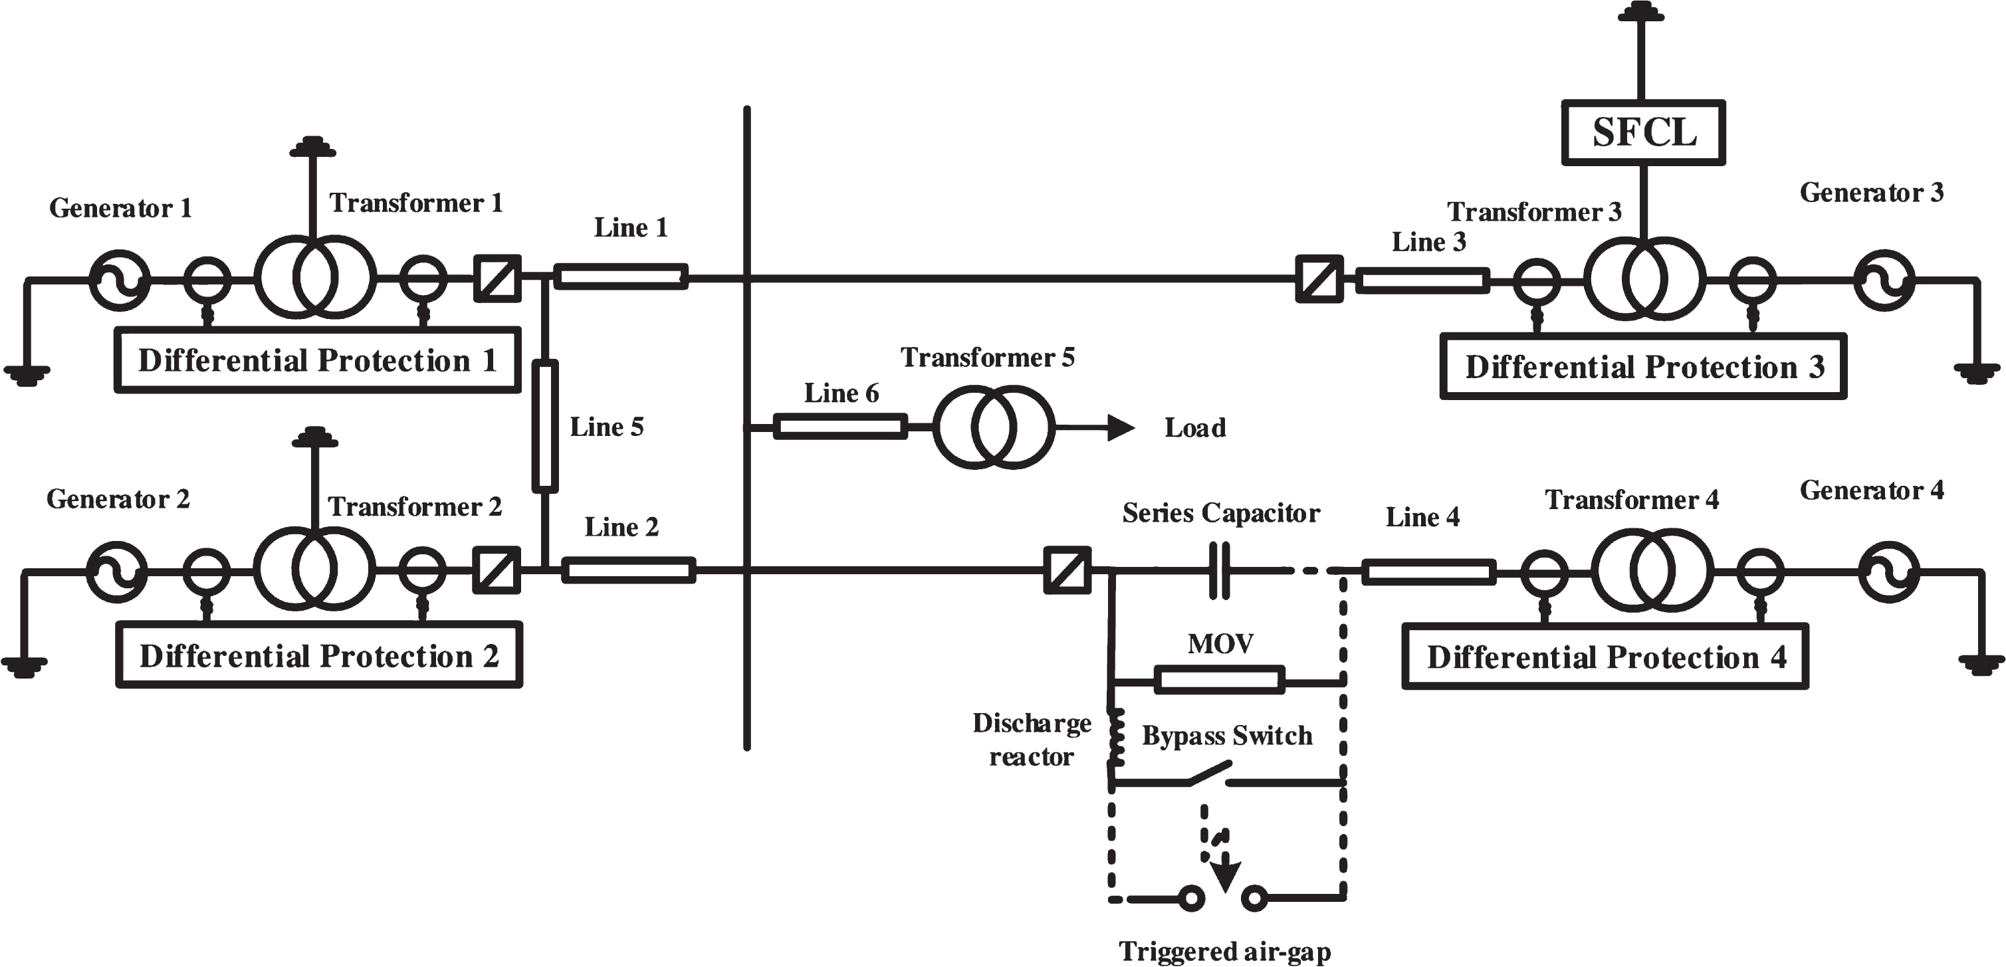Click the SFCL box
1643,132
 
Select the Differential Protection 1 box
318,360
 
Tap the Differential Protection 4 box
1605,657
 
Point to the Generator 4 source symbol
1889,572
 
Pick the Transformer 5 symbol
994,427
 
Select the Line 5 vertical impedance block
545,427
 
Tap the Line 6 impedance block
840,427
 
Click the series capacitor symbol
1220,571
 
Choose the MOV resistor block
1220,680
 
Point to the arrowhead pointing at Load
1121,427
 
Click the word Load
1194,427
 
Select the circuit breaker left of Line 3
1319,278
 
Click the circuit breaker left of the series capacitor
1067,571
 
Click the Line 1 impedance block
621,276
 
